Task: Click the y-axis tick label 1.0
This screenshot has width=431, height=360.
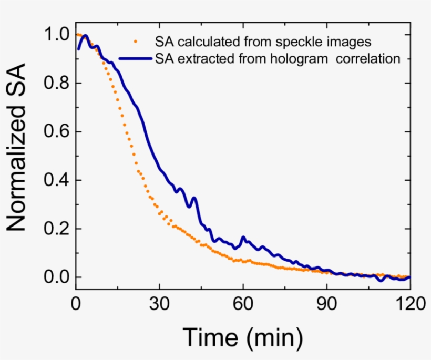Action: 56,35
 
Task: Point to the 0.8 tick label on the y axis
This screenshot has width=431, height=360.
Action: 56,84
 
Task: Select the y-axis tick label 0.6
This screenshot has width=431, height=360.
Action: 56,132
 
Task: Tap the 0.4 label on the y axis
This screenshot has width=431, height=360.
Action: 56,180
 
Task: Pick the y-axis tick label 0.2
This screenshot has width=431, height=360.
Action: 56,229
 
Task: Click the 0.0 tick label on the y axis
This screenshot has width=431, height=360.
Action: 56,277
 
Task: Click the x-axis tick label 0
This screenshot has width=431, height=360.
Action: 76,304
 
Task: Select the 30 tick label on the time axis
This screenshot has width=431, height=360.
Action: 159,304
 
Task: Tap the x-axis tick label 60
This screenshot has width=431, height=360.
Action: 242,304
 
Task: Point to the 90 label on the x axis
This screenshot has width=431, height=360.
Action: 326,304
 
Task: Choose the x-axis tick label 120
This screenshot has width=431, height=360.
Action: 408,304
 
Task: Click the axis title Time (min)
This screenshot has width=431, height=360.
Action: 242,338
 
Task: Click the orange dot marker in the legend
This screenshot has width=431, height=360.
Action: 137,40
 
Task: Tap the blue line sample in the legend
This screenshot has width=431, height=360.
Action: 136,58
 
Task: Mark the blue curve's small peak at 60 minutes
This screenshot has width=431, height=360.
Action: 243,238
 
